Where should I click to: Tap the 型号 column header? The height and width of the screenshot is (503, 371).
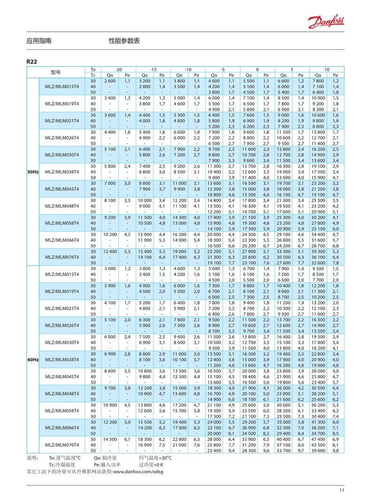55,72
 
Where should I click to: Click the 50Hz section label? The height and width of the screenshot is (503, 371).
32,172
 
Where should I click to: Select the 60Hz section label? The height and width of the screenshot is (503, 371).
32,360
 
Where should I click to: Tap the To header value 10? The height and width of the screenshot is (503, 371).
326,69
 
